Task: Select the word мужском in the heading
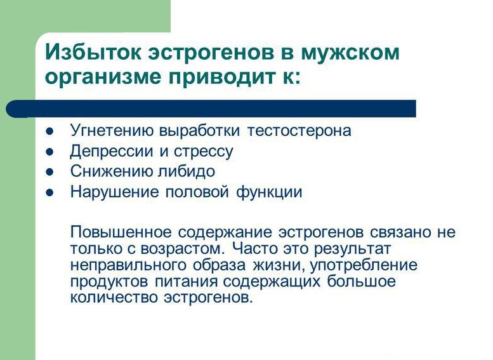pyautogui.click(x=350, y=52)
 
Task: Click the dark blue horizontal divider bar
pyautogui.click(x=211, y=109)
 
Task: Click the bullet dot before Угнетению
pyautogui.click(x=49, y=131)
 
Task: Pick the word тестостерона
pyautogui.click(x=299, y=131)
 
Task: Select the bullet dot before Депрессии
pyautogui.click(x=49, y=152)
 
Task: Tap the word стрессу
pyautogui.click(x=204, y=152)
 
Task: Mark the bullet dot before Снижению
pyautogui.click(x=49, y=172)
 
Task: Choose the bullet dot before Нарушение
pyautogui.click(x=49, y=192)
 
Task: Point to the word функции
pyautogui.click(x=269, y=192)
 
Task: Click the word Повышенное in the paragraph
pyautogui.click(x=121, y=232)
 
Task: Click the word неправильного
pyautogui.click(x=128, y=265)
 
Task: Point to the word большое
pyautogui.click(x=361, y=281)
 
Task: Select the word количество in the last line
pyautogui.click(x=114, y=297)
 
